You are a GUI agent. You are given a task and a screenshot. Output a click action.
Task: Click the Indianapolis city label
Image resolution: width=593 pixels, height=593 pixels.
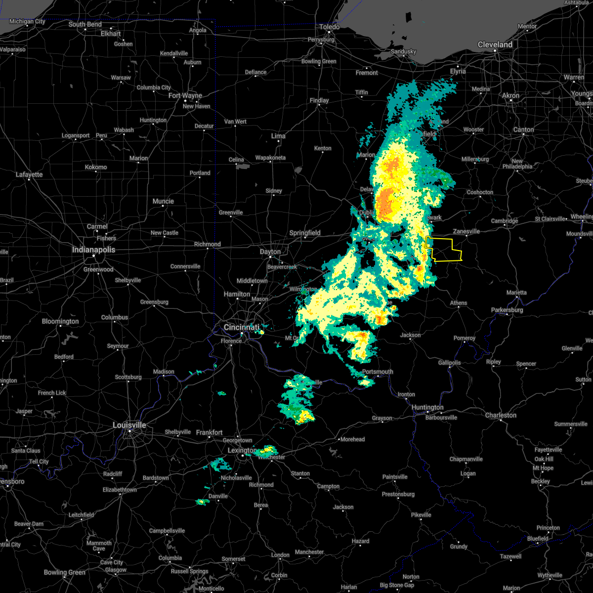(x=93, y=250)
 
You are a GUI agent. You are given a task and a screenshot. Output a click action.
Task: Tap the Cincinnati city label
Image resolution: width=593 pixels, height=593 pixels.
(x=241, y=327)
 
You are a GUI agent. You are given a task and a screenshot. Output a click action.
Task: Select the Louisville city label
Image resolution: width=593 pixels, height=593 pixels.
(x=129, y=425)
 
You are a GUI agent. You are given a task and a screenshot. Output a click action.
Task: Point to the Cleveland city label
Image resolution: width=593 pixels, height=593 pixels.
(x=495, y=44)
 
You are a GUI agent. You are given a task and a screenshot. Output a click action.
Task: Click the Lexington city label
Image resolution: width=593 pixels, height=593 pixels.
(x=241, y=450)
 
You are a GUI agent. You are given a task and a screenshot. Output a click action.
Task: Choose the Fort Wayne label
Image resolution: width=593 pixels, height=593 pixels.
(x=185, y=95)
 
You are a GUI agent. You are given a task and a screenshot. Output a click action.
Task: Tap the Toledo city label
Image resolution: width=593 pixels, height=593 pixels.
(x=330, y=27)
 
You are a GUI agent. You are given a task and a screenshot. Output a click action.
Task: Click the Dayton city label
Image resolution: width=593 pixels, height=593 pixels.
(x=270, y=252)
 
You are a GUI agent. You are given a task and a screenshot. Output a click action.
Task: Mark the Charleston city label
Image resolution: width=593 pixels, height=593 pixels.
(x=501, y=415)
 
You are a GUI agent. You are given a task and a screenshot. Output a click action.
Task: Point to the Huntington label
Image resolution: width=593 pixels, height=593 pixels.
(x=427, y=407)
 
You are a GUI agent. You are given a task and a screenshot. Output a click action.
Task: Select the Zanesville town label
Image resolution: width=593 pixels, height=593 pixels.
(x=466, y=231)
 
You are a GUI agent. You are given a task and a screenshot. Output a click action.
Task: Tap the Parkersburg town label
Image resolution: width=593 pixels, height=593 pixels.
(x=507, y=310)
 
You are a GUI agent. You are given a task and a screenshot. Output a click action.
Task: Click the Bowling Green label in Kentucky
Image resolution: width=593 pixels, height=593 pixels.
(x=64, y=572)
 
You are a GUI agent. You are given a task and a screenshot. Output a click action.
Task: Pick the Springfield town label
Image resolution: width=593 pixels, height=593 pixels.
(x=305, y=233)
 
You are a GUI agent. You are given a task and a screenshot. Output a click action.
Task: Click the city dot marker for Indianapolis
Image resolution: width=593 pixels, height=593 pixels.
(x=93, y=255)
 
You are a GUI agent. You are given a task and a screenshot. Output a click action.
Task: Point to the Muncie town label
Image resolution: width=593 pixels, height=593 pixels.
(x=163, y=201)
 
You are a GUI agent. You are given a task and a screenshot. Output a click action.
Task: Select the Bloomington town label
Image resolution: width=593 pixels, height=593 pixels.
(x=60, y=321)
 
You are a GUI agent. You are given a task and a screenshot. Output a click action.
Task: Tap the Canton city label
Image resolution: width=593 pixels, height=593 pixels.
(x=523, y=129)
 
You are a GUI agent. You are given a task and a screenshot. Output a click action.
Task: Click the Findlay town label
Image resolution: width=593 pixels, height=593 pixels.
(x=319, y=100)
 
